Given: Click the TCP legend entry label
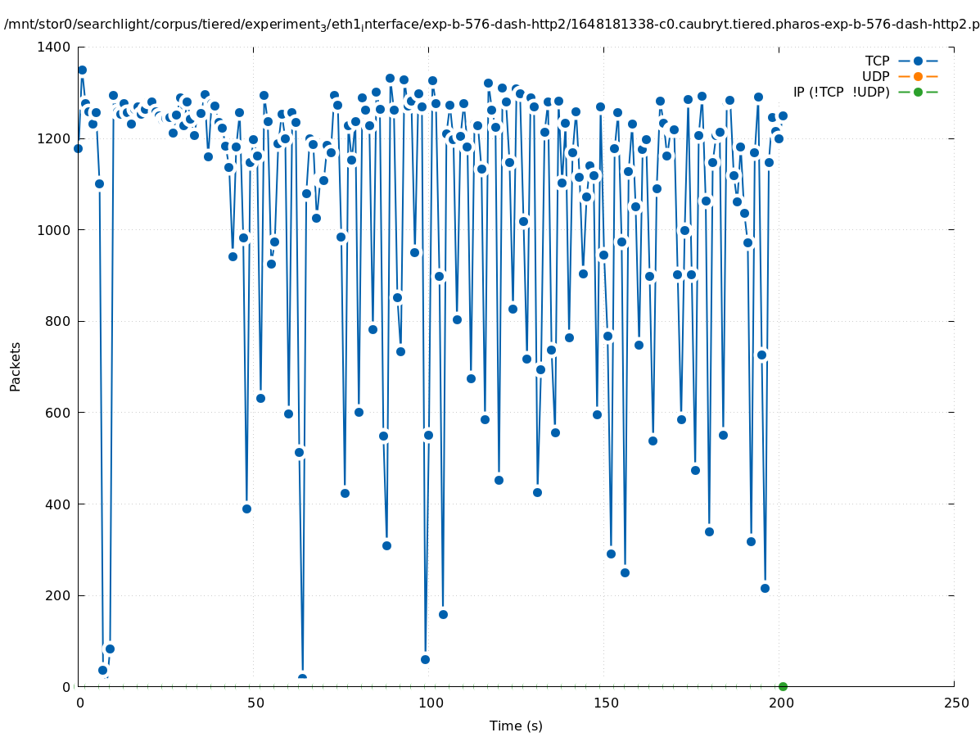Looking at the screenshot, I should tap(878, 61).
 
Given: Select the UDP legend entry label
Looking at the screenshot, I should tap(876, 76).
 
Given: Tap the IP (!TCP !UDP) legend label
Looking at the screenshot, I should tap(841, 92).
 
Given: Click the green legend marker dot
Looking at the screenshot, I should tap(918, 92).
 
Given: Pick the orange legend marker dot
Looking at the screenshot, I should tap(918, 76).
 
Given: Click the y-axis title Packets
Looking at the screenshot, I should tap(16, 366).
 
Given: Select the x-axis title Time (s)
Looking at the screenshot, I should tap(516, 726).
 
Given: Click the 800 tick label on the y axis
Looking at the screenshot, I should tap(58, 321).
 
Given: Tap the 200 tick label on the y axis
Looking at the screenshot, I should tap(58, 595).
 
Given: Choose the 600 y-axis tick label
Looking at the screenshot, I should tap(58, 413).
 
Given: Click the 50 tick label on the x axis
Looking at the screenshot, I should tap(255, 703).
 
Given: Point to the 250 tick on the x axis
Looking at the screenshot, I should tap(955, 703).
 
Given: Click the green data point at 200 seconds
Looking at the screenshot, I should tap(783, 686).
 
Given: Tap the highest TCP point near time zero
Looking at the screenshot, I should tap(82, 70).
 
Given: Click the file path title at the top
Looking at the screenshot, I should tap(490, 24).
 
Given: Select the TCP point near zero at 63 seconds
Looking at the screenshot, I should tap(302, 679).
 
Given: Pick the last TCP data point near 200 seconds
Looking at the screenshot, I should tap(783, 115).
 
